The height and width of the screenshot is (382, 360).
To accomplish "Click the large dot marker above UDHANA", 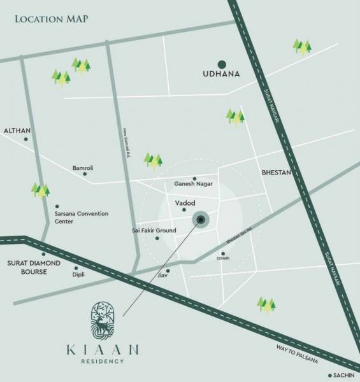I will [x=222, y=64].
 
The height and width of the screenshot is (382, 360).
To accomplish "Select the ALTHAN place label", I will [x=17, y=130].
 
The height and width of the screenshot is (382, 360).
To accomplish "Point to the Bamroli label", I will [x=83, y=167].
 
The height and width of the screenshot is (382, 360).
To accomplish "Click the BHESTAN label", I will [x=276, y=173].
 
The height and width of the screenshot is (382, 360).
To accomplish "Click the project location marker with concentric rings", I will [x=201, y=220].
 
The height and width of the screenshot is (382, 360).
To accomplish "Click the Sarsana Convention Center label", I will [x=81, y=217].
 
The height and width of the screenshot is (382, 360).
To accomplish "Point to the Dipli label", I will [x=78, y=274].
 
